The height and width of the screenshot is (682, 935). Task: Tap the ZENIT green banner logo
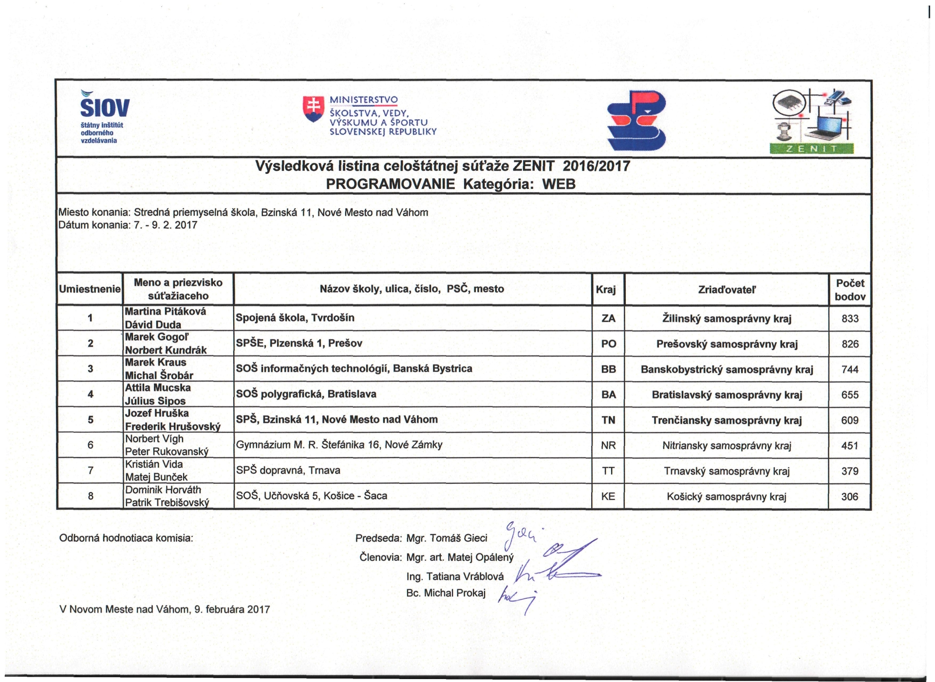(x=811, y=149)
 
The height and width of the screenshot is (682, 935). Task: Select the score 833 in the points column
(x=850, y=318)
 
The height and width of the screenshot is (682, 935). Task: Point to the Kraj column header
(x=606, y=290)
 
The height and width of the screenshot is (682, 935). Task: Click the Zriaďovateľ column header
(x=727, y=290)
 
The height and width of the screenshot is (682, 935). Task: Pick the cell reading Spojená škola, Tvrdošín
(x=295, y=318)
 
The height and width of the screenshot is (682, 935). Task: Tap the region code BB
(x=608, y=369)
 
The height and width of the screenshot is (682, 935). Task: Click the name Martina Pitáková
(x=166, y=312)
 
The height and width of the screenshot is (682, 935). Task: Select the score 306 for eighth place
(x=849, y=497)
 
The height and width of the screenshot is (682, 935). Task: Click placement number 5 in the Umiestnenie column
(x=90, y=420)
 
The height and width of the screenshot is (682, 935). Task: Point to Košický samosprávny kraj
(x=726, y=497)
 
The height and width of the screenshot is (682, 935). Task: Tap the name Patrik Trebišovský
(x=167, y=502)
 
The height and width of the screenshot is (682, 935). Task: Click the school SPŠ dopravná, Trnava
(x=288, y=470)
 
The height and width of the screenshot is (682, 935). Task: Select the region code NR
(x=608, y=445)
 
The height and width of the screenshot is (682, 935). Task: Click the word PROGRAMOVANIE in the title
(x=390, y=184)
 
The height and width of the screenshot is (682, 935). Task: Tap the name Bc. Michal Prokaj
(x=446, y=593)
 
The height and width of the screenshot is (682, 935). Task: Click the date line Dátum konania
(x=128, y=225)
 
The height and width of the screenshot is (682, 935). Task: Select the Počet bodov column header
(x=850, y=290)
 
